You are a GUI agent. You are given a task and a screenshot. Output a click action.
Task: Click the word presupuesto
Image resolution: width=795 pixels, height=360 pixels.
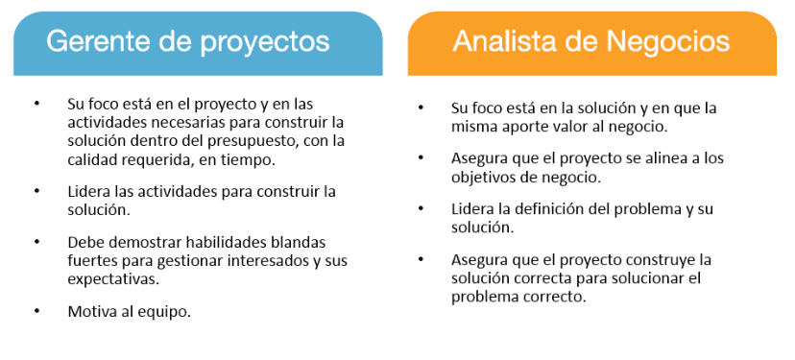point(238,141)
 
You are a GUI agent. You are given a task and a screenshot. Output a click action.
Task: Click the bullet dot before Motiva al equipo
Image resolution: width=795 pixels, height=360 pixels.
point(37,311)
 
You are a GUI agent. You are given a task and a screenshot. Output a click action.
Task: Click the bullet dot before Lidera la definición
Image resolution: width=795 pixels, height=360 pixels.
point(421,209)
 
